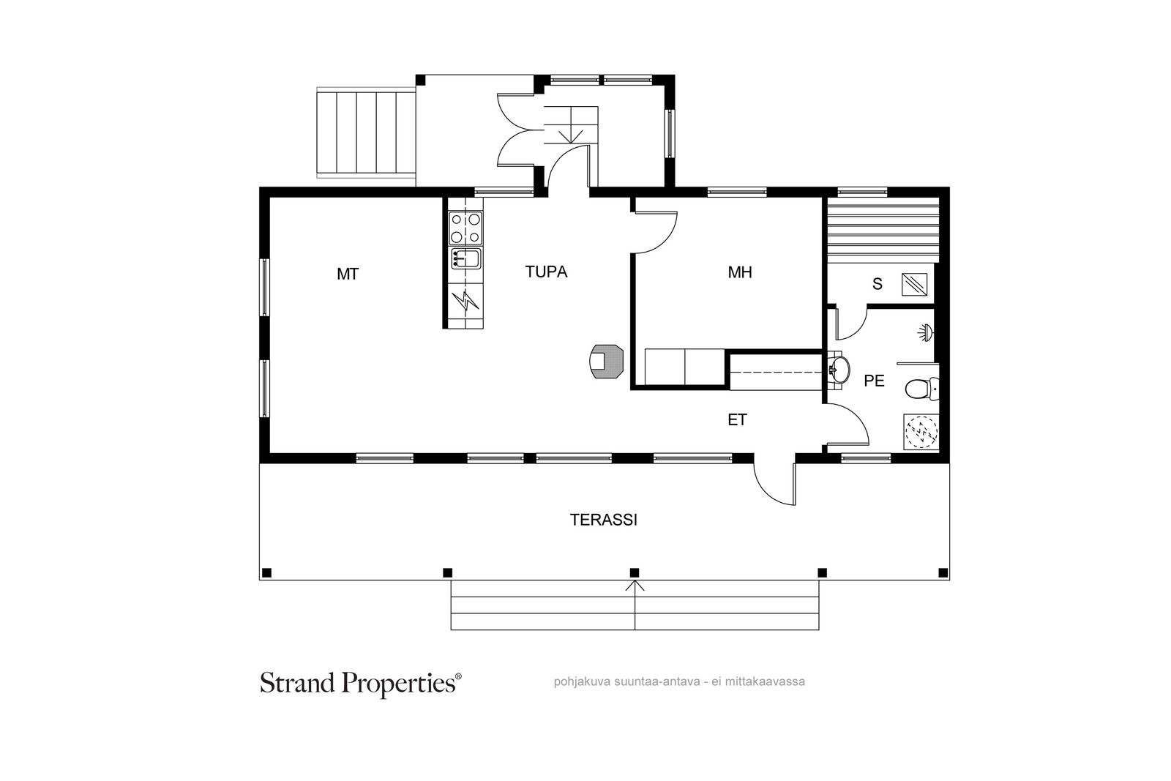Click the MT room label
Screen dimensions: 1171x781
pos(348,274)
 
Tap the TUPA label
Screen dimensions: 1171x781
pos(546,272)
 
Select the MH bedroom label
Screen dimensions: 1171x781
pos(740,272)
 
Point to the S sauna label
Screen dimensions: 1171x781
pos(878,284)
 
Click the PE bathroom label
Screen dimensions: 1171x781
pos(874,381)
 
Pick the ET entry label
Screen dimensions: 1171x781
pos(737,419)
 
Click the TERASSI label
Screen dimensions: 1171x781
pos(603,520)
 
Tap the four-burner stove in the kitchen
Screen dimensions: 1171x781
pos(465,228)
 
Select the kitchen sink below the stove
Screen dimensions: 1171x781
pos(465,259)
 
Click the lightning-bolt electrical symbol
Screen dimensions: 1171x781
pos(465,301)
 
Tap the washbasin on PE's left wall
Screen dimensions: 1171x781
pos(839,370)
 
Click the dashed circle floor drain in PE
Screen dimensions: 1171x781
pos(921,432)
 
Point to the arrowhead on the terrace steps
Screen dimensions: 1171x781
pos(635,586)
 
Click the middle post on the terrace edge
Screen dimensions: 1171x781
pos(634,572)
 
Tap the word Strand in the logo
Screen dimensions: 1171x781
pos(297,683)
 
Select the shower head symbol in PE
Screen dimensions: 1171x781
pos(927,333)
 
